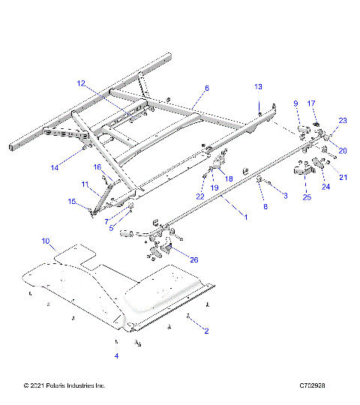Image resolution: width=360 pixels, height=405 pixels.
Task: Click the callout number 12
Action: [x=81, y=83]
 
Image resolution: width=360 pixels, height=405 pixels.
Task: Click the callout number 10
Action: [x=46, y=241]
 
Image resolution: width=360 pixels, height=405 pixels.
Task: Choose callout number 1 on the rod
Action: [x=242, y=217]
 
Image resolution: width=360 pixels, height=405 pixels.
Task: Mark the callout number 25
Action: [x=306, y=197]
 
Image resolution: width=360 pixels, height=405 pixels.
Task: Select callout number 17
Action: [x=313, y=103]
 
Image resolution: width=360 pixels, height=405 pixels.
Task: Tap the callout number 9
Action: [x=295, y=103]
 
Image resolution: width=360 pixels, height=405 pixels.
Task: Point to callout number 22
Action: [x=199, y=196]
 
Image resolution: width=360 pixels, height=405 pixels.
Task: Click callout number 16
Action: [x=97, y=166]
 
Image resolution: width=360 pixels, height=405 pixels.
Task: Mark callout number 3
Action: [x=284, y=195]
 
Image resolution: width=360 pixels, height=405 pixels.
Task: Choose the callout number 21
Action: [x=343, y=178]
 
